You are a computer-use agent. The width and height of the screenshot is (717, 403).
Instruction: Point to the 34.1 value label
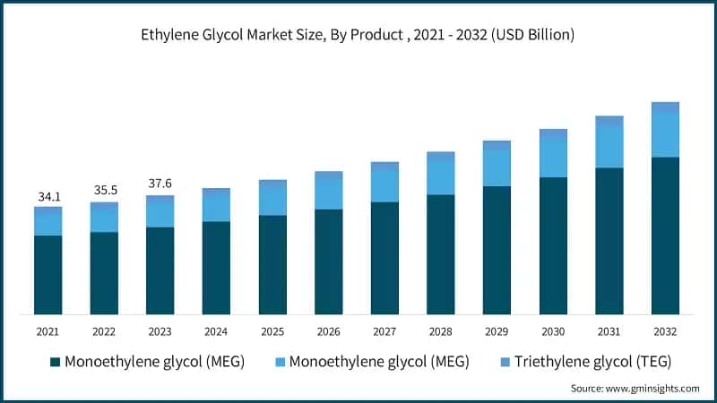(x=48, y=195)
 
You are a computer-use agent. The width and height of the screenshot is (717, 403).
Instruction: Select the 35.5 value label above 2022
(x=104, y=191)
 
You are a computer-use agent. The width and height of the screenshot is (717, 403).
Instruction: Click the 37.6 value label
(x=160, y=184)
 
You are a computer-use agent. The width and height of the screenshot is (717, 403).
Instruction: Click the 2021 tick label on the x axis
(x=48, y=331)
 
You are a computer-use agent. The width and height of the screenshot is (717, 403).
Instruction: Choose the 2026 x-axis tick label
(x=328, y=331)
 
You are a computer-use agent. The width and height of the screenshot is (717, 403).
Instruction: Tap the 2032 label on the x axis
(x=664, y=331)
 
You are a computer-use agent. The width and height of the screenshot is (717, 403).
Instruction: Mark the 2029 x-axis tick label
(x=496, y=331)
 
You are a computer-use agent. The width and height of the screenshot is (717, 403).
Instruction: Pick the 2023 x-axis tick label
(x=160, y=331)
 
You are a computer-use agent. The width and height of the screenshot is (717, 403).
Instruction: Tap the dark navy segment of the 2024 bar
(x=216, y=268)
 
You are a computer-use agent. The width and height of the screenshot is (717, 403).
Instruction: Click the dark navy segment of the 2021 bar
(x=48, y=275)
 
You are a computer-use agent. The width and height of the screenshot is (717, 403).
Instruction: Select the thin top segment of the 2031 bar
(x=609, y=120)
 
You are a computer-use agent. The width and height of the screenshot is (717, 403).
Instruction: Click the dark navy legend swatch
(x=55, y=362)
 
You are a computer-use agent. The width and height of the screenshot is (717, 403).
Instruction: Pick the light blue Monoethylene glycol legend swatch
(x=281, y=362)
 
